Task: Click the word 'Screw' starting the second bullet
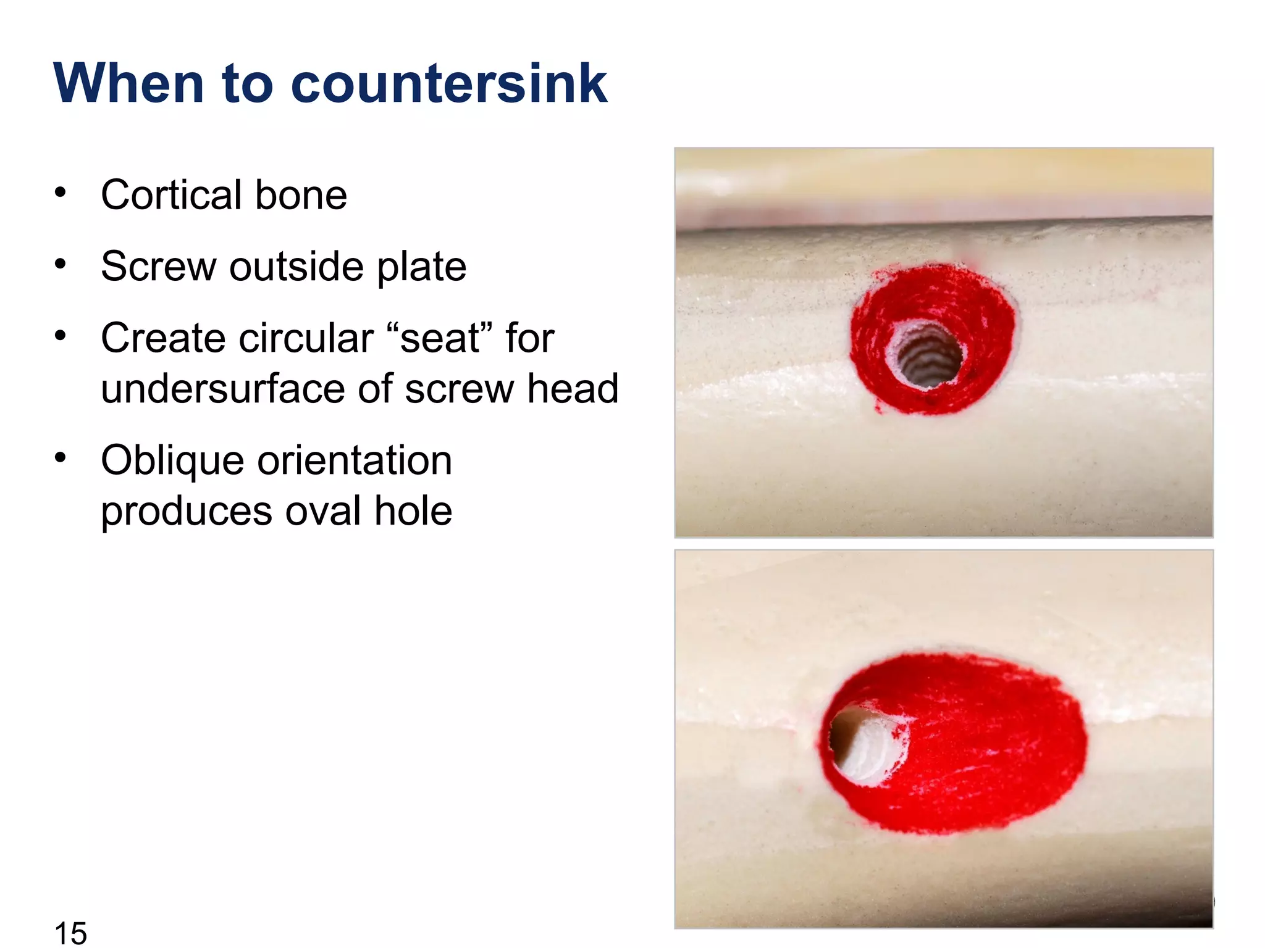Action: [158, 267]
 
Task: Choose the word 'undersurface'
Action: [246, 389]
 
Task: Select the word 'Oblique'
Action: [173, 460]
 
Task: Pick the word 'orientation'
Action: [355, 460]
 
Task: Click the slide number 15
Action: [70, 933]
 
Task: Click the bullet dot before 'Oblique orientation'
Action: [60, 457]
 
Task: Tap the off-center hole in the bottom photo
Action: [862, 744]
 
